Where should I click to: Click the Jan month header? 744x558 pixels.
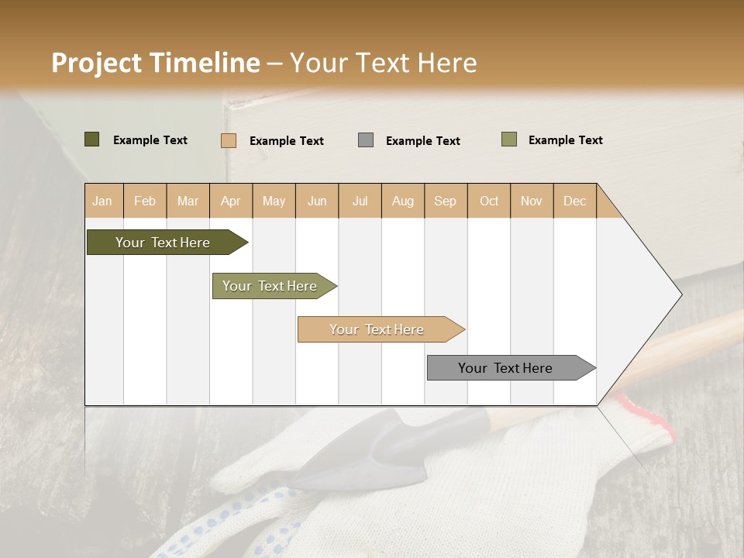point(102,201)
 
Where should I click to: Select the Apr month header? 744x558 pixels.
point(231,201)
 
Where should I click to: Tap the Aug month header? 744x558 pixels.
point(403,201)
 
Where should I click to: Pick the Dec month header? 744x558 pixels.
point(575,201)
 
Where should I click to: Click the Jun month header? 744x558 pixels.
point(317,201)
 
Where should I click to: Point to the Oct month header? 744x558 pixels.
point(489,201)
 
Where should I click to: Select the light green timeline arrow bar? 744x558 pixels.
point(271,286)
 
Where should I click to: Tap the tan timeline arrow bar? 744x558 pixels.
point(378,329)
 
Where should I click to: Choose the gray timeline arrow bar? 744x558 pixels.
point(508,368)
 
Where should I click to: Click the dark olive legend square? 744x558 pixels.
point(91,139)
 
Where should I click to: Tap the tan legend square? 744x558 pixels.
point(228,140)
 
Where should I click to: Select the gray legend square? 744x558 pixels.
point(366,140)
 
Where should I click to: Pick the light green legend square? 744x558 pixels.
point(508,139)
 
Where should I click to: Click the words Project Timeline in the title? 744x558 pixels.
point(155,63)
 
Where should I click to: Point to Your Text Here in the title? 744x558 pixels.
point(384,63)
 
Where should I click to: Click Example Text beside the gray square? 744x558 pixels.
point(422,141)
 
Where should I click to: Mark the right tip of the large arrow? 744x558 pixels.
point(680,294)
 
